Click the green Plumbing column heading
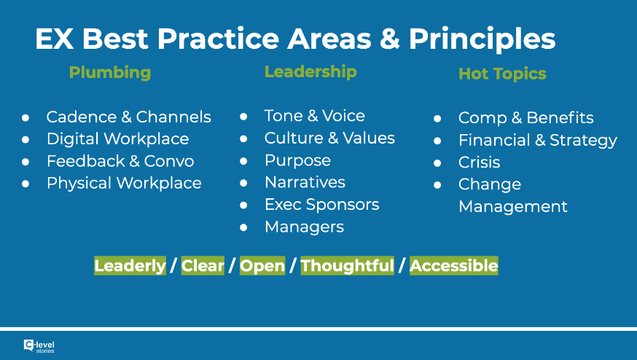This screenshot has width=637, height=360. pyautogui.click(x=110, y=73)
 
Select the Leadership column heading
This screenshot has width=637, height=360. pyautogui.click(x=310, y=72)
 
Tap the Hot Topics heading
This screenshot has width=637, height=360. pyautogui.click(x=502, y=74)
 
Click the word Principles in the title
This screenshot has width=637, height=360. pyautogui.click(x=482, y=39)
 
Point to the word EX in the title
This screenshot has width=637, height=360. pyautogui.click(x=54, y=39)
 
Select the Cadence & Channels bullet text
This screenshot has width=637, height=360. pyautogui.click(x=129, y=117)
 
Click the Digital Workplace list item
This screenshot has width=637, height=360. pyautogui.click(x=118, y=139)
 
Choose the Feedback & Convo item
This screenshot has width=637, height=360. pyautogui.click(x=120, y=161)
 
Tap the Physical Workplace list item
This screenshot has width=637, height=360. pyautogui.click(x=124, y=183)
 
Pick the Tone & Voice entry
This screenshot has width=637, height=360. pyautogui.click(x=314, y=116)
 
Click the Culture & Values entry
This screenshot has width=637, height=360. pyautogui.click(x=329, y=138)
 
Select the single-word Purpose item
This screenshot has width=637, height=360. pyautogui.click(x=298, y=161)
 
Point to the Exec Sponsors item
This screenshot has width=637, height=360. pyautogui.click(x=321, y=205)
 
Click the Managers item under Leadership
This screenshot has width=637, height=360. pyautogui.click(x=304, y=227)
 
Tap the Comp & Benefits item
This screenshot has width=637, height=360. pyautogui.click(x=526, y=118)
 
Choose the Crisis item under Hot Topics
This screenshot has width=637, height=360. pyautogui.click(x=480, y=162)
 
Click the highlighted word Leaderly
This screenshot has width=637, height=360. pyautogui.click(x=130, y=266)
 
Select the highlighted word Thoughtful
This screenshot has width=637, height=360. pyautogui.click(x=348, y=266)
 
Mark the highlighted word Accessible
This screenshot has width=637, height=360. pyautogui.click(x=454, y=266)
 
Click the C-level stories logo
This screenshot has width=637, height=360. pyautogui.click(x=39, y=346)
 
